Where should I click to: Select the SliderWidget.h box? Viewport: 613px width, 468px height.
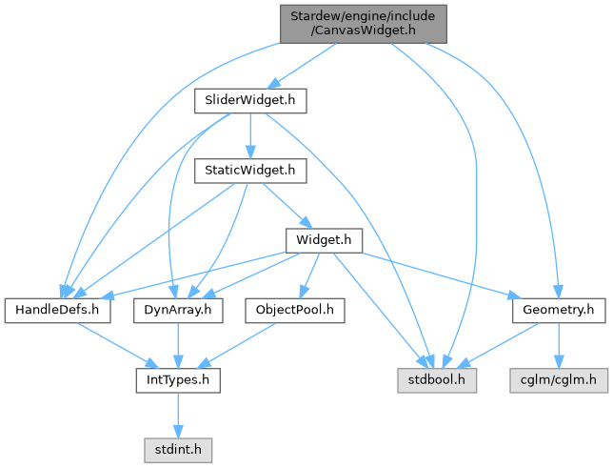point(249,99)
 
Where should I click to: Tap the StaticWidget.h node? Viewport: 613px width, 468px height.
point(249,171)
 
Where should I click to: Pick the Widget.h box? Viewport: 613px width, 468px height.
point(325,240)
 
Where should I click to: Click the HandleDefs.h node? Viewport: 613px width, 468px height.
point(59,310)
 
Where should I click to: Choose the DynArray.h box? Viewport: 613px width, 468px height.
point(178,310)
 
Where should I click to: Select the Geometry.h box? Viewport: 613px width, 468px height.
point(559,310)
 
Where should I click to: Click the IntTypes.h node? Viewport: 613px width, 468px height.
point(176,380)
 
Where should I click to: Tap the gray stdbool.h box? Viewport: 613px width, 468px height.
point(438,380)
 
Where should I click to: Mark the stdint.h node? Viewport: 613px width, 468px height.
point(176,446)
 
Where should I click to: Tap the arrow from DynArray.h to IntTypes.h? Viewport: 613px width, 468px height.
point(177,345)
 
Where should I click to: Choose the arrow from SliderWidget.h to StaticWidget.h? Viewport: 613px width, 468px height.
point(249,134)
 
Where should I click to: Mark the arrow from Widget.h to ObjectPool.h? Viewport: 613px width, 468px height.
point(306,275)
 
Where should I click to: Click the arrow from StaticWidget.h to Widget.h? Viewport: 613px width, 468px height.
point(285,205)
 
